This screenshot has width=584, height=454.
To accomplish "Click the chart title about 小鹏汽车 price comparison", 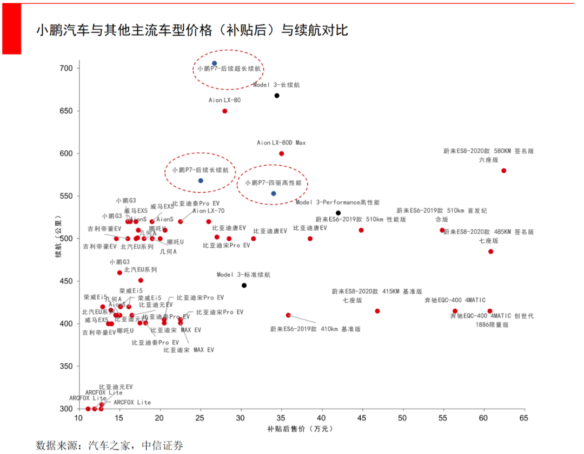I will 192,30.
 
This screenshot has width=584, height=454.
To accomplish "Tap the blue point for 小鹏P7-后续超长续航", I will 214,63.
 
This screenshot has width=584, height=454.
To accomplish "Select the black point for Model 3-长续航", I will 277,96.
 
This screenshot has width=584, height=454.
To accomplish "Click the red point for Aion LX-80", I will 225,111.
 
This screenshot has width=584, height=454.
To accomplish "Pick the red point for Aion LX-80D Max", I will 281,153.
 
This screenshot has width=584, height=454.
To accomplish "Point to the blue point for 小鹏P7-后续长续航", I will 201,181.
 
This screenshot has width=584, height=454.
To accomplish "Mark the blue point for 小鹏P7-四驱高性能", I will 274,193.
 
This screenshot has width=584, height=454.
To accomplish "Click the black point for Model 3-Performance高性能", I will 339,213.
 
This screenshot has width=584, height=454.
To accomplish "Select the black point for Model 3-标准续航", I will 244,285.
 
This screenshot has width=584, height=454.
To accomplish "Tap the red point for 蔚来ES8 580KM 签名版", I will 503,171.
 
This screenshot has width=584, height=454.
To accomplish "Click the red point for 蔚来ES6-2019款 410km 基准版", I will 288,315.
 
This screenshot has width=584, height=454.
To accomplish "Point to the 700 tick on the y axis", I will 71,69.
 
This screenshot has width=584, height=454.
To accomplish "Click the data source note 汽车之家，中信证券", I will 110,446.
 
